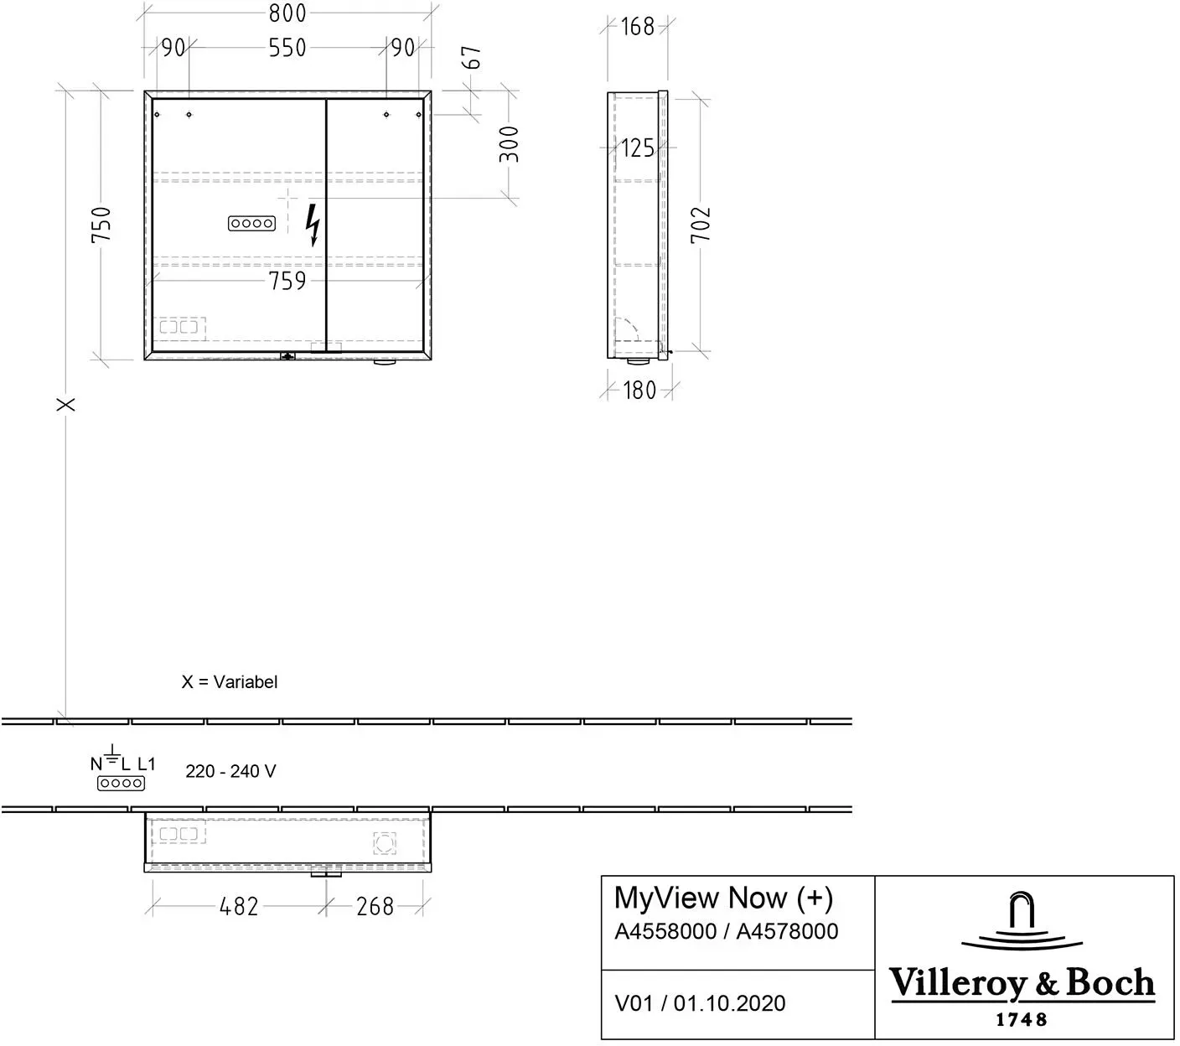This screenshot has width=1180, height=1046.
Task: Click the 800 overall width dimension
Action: click(287, 13)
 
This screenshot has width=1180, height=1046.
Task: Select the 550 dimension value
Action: click(287, 48)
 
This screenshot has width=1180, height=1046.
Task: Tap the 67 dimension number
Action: click(472, 57)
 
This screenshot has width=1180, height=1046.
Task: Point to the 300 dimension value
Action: click(509, 144)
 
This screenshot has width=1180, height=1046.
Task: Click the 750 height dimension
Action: click(101, 225)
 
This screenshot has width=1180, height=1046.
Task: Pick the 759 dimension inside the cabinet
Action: click(287, 281)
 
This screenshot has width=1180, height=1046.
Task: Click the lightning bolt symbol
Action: click(313, 225)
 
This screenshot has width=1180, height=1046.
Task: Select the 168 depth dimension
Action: click(637, 27)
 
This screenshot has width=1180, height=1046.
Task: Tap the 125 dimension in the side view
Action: click(638, 148)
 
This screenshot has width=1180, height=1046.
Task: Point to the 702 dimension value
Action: click(701, 225)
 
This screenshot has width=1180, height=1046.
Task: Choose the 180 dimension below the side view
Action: click(639, 391)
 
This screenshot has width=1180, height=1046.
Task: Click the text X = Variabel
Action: click(230, 682)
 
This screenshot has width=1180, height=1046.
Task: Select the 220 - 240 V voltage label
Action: click(230, 771)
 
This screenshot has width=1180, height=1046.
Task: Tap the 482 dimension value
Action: click(239, 906)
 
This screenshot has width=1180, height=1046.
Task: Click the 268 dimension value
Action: click(375, 906)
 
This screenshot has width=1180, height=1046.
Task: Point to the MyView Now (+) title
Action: click(723, 898)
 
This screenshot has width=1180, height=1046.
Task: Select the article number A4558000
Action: click(665, 931)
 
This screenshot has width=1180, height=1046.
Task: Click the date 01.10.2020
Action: click(729, 1003)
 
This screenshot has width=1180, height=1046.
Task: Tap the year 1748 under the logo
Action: click(1022, 1019)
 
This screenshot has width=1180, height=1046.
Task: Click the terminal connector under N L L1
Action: click(122, 784)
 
